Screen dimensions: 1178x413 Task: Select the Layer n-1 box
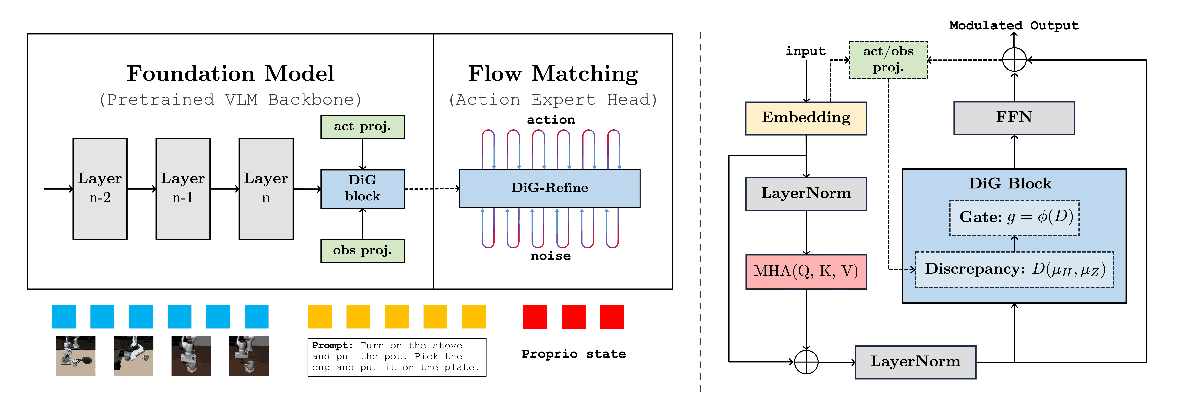tap(183, 188)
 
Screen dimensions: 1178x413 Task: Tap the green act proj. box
tap(363, 127)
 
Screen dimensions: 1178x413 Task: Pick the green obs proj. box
tap(363, 251)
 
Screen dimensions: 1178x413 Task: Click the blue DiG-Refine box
tap(550, 188)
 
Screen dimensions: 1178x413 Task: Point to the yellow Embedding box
tap(806, 118)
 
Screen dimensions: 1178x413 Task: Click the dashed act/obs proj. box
tap(888, 60)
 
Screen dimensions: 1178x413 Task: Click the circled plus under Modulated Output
tap(1014, 60)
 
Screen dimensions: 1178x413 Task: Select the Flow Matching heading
tap(553, 74)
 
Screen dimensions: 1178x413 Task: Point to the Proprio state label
tap(574, 354)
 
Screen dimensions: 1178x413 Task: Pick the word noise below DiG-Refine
tap(551, 256)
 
